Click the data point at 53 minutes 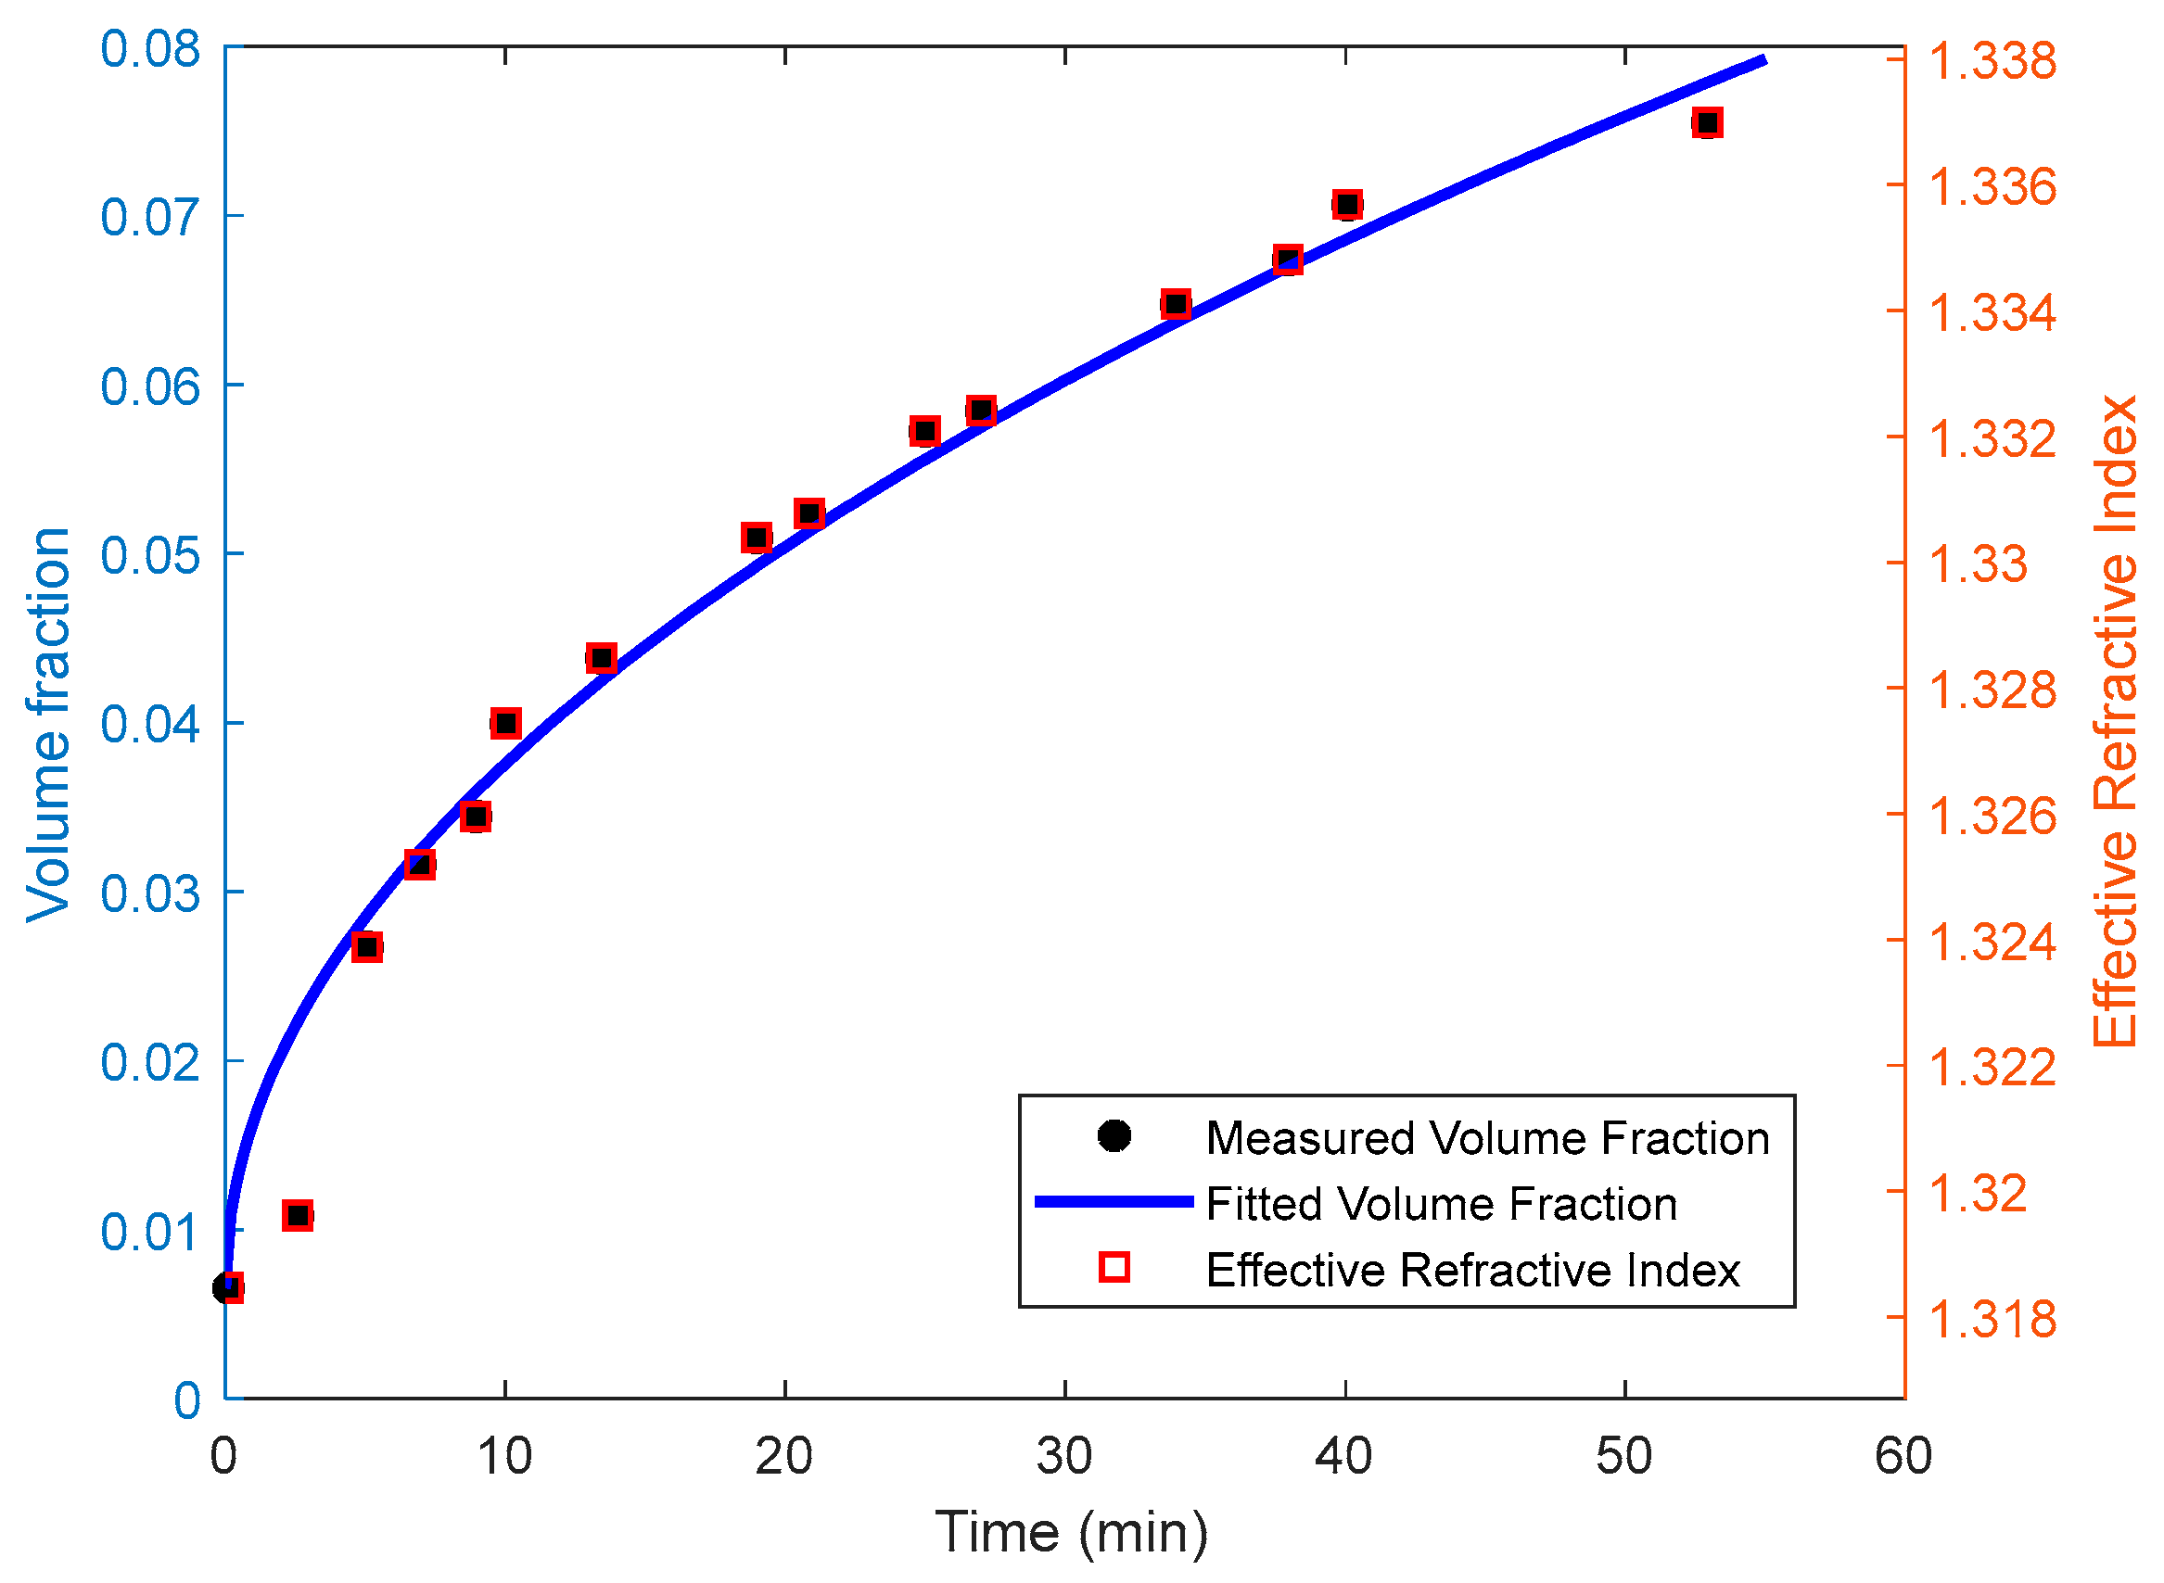click(x=1707, y=122)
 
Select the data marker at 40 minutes click(x=1347, y=204)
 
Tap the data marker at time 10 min click(x=506, y=724)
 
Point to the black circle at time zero click(x=226, y=1288)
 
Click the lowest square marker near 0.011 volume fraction click(x=298, y=1216)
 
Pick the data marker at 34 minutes click(x=1176, y=305)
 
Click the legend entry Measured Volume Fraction click(x=1486, y=1138)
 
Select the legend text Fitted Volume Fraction click(x=1442, y=1205)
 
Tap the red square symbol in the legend click(x=1114, y=1268)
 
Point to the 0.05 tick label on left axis click(x=150, y=555)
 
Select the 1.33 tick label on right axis click(x=1977, y=564)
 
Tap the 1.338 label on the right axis click(x=1992, y=60)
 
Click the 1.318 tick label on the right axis click(x=1992, y=1319)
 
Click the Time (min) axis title click(x=1072, y=1532)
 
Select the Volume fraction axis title click(x=48, y=725)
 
